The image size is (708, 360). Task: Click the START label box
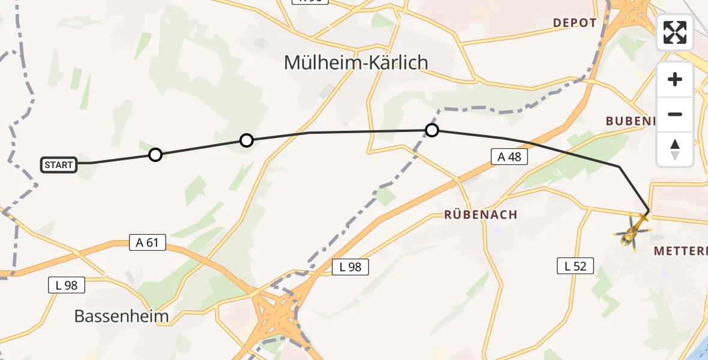59,165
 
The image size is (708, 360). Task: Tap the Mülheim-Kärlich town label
356,62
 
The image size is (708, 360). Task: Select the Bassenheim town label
121,316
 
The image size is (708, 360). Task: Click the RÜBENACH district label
481,214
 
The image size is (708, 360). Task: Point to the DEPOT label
575,23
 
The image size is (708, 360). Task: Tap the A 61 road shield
148,242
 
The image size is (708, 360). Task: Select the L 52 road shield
575,266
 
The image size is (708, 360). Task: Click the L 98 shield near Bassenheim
67,285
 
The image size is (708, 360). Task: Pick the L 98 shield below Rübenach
350,267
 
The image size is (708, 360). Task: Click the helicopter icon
632,232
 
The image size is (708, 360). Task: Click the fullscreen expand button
675,32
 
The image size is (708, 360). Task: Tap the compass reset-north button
675,149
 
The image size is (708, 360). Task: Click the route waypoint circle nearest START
155,155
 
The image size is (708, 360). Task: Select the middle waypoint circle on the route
247,140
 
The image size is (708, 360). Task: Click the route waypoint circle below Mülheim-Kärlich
431,130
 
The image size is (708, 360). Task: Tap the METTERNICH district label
681,251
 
